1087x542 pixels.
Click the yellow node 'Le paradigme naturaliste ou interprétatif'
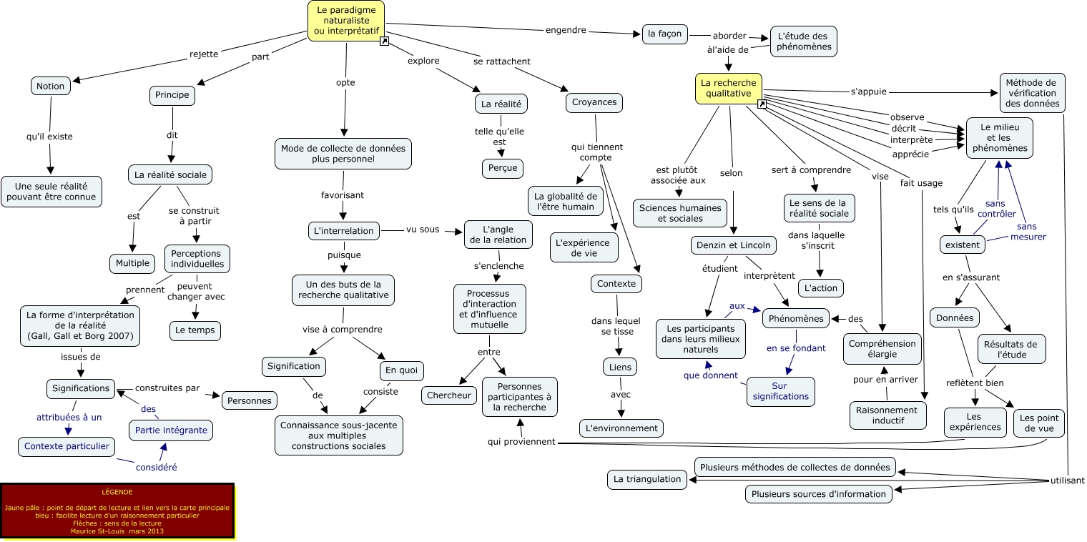coord(346,20)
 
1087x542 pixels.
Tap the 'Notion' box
coord(50,86)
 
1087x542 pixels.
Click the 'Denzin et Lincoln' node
coord(733,245)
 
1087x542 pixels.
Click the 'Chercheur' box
coord(448,395)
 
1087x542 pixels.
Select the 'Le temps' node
coord(195,330)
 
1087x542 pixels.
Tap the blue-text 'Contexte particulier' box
coord(67,446)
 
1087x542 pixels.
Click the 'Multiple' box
coord(132,263)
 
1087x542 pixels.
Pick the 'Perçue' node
coord(502,168)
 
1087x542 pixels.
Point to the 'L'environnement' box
coord(621,428)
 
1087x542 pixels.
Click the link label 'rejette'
coord(204,54)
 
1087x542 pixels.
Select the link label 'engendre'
coord(566,30)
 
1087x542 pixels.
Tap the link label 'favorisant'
coord(343,194)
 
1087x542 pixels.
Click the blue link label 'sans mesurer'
coord(1028,232)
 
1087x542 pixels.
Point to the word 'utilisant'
coord(1067,481)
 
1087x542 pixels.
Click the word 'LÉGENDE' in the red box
coord(117,492)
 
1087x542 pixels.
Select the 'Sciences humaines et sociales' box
coord(680,212)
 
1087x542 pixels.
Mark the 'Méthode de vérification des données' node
coord(1031,93)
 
